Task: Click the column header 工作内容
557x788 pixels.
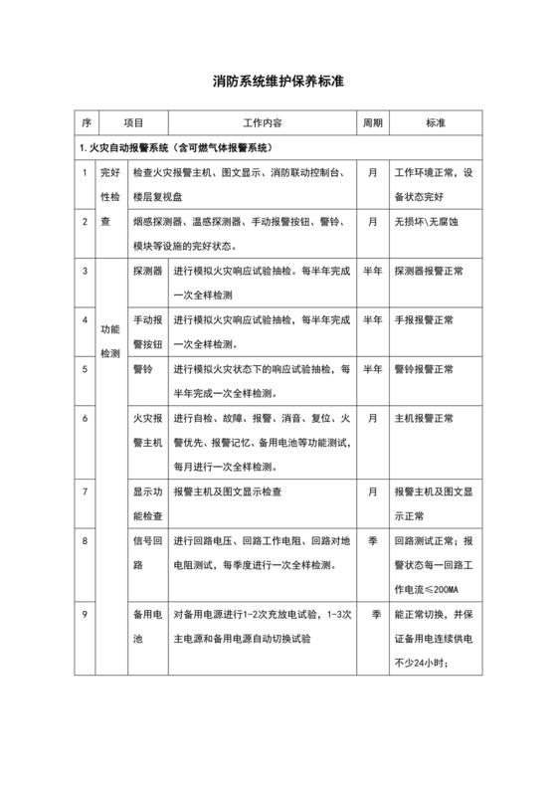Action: pyautogui.click(x=263, y=123)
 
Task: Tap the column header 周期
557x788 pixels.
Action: pyautogui.click(x=372, y=123)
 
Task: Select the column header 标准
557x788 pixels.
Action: pyautogui.click(x=435, y=123)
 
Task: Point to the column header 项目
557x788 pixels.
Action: pyautogui.click(x=133, y=123)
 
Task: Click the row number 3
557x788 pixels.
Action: pyautogui.click(x=87, y=271)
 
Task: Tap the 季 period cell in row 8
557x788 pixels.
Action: pyautogui.click(x=372, y=541)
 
